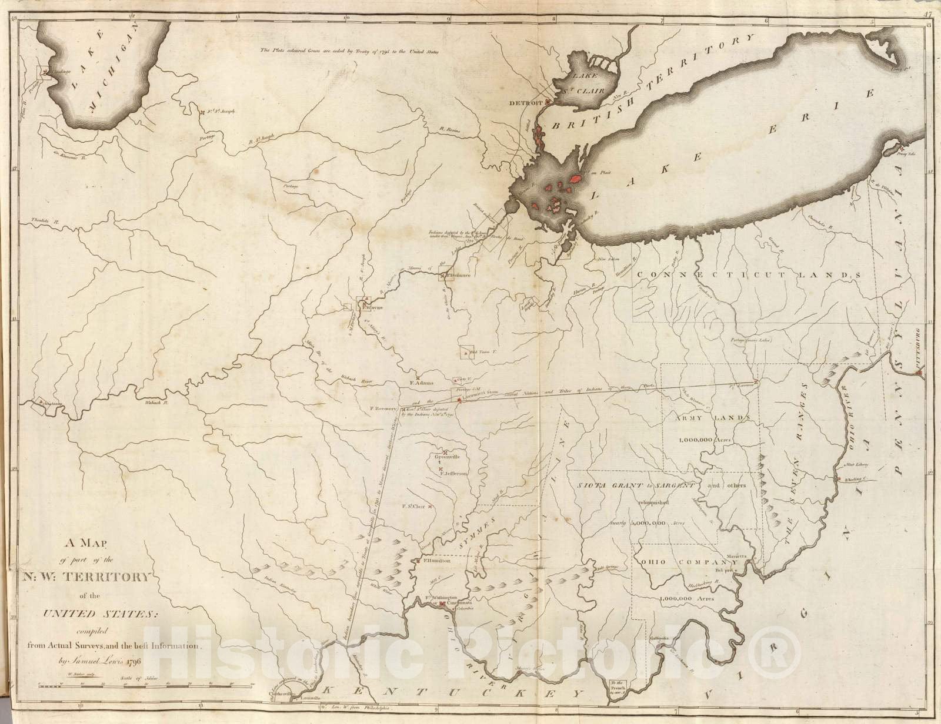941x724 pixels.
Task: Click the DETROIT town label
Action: pos(525,103)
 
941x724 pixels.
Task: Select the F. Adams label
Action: pos(421,383)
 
